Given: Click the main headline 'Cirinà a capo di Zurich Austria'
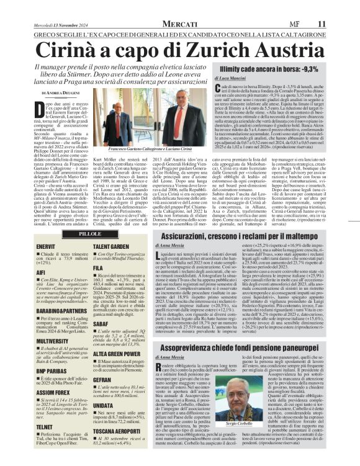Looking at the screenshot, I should click(179, 48).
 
